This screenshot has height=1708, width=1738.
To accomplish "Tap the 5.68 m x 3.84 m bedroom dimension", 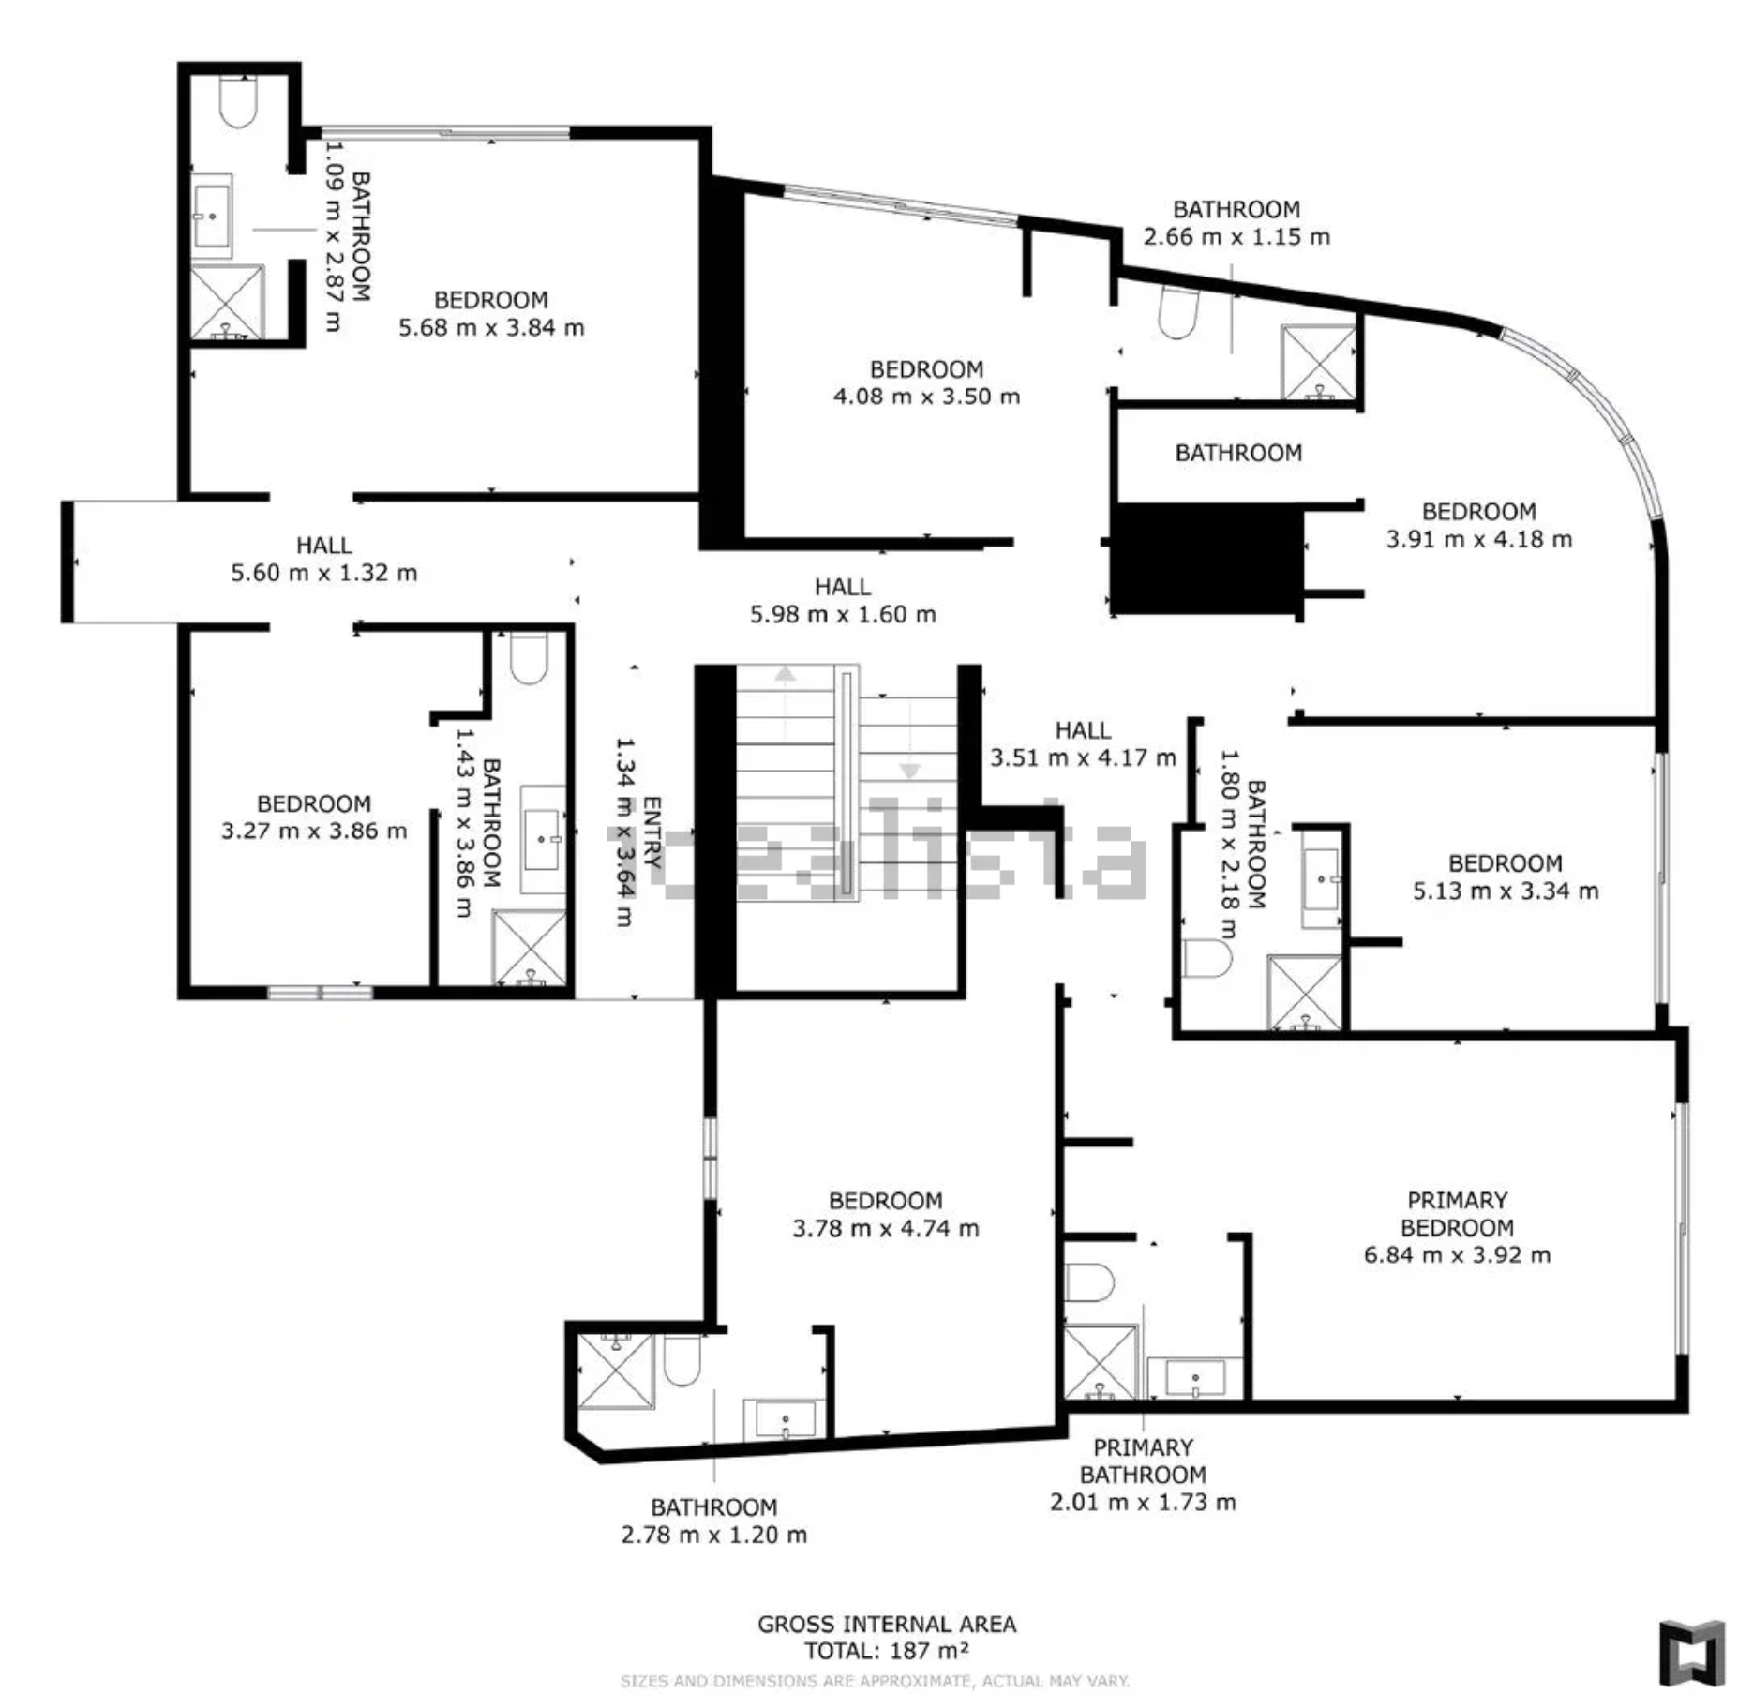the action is pyautogui.click(x=491, y=327).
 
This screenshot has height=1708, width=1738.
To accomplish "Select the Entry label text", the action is pyautogui.click(x=652, y=832).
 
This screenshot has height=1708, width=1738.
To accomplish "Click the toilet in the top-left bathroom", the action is pyautogui.click(x=238, y=101).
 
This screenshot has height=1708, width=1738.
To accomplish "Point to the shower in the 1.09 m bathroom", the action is pyautogui.click(x=228, y=302).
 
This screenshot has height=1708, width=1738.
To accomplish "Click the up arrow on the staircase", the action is pyautogui.click(x=785, y=673).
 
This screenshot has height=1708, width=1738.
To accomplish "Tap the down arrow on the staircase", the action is pyautogui.click(x=909, y=771).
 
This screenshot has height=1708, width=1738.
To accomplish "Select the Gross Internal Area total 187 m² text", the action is pyautogui.click(x=886, y=1637).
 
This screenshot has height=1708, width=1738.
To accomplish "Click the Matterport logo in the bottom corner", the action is pyautogui.click(x=1692, y=1652).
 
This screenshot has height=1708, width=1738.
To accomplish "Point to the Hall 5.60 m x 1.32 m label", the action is pyautogui.click(x=323, y=559).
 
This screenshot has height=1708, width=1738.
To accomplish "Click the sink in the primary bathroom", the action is pyautogui.click(x=1195, y=1377).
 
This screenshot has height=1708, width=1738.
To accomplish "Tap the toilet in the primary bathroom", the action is pyautogui.click(x=1089, y=1282).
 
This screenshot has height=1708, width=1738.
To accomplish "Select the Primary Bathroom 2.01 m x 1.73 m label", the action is pyautogui.click(x=1143, y=1475).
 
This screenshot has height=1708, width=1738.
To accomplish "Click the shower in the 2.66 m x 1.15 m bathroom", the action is pyautogui.click(x=1318, y=363).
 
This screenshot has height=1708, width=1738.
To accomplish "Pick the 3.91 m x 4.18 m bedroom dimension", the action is pyautogui.click(x=1479, y=539).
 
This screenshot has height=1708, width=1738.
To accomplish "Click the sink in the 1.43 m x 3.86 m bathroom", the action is pyautogui.click(x=543, y=840).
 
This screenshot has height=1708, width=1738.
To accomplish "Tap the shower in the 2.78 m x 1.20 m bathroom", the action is pyautogui.click(x=616, y=1371).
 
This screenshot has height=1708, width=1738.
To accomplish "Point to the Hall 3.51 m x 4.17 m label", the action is pyautogui.click(x=1083, y=743).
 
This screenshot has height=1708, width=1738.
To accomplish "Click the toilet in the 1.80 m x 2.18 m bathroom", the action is pyautogui.click(x=1206, y=959).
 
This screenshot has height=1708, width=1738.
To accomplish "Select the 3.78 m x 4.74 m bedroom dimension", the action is pyautogui.click(x=886, y=1228).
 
